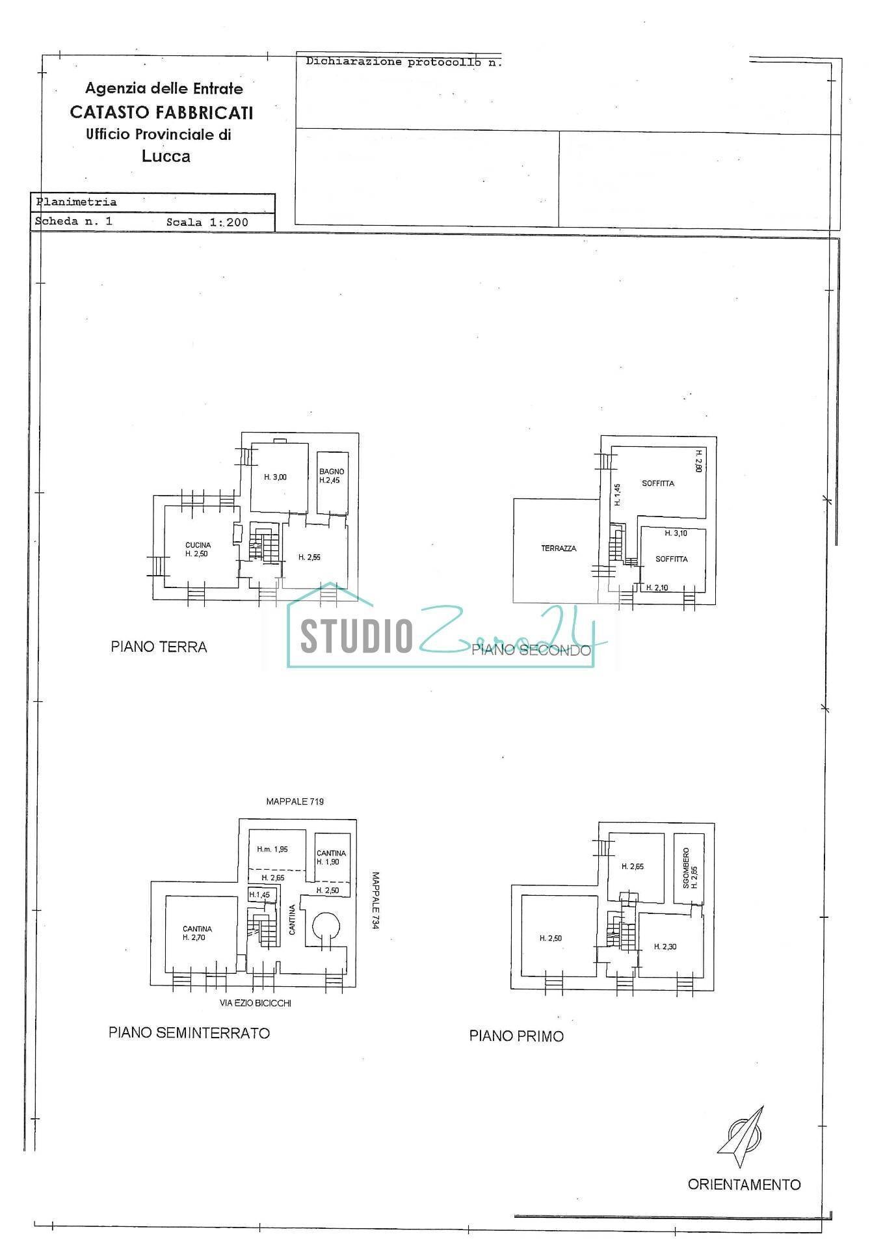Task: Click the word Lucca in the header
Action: click(x=166, y=156)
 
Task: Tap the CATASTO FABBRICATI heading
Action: click(x=161, y=113)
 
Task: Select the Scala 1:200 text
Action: click(x=207, y=222)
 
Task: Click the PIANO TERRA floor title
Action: click(x=159, y=647)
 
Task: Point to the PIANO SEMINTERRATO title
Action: click(x=189, y=1032)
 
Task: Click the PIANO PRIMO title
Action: click(x=516, y=1036)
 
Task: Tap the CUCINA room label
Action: click(x=198, y=545)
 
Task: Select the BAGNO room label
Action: click(x=332, y=472)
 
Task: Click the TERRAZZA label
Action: click(x=559, y=548)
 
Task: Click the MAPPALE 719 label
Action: click(x=295, y=801)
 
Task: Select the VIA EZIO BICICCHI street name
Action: click(x=256, y=1003)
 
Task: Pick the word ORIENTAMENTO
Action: click(x=745, y=1185)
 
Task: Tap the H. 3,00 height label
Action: click(x=275, y=477)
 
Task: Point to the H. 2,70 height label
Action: click(x=197, y=937)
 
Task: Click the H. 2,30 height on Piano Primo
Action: click(x=665, y=947)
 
